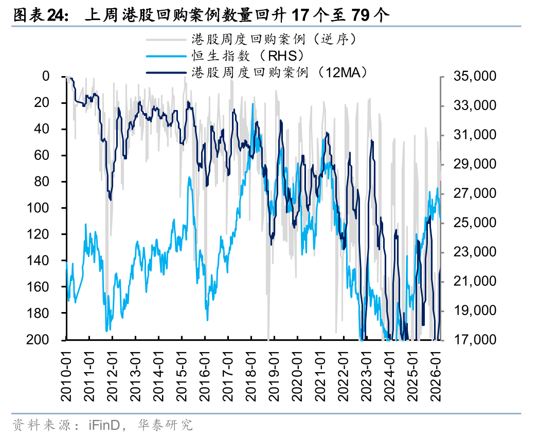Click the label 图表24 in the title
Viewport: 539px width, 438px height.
pyautogui.click(x=39, y=15)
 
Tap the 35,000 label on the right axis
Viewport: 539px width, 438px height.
pyautogui.click(x=474, y=77)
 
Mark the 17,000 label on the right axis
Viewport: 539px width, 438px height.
pyautogui.click(x=474, y=340)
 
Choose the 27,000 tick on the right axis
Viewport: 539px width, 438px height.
pyautogui.click(x=474, y=194)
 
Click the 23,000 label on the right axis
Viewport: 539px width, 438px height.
pyautogui.click(x=474, y=252)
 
